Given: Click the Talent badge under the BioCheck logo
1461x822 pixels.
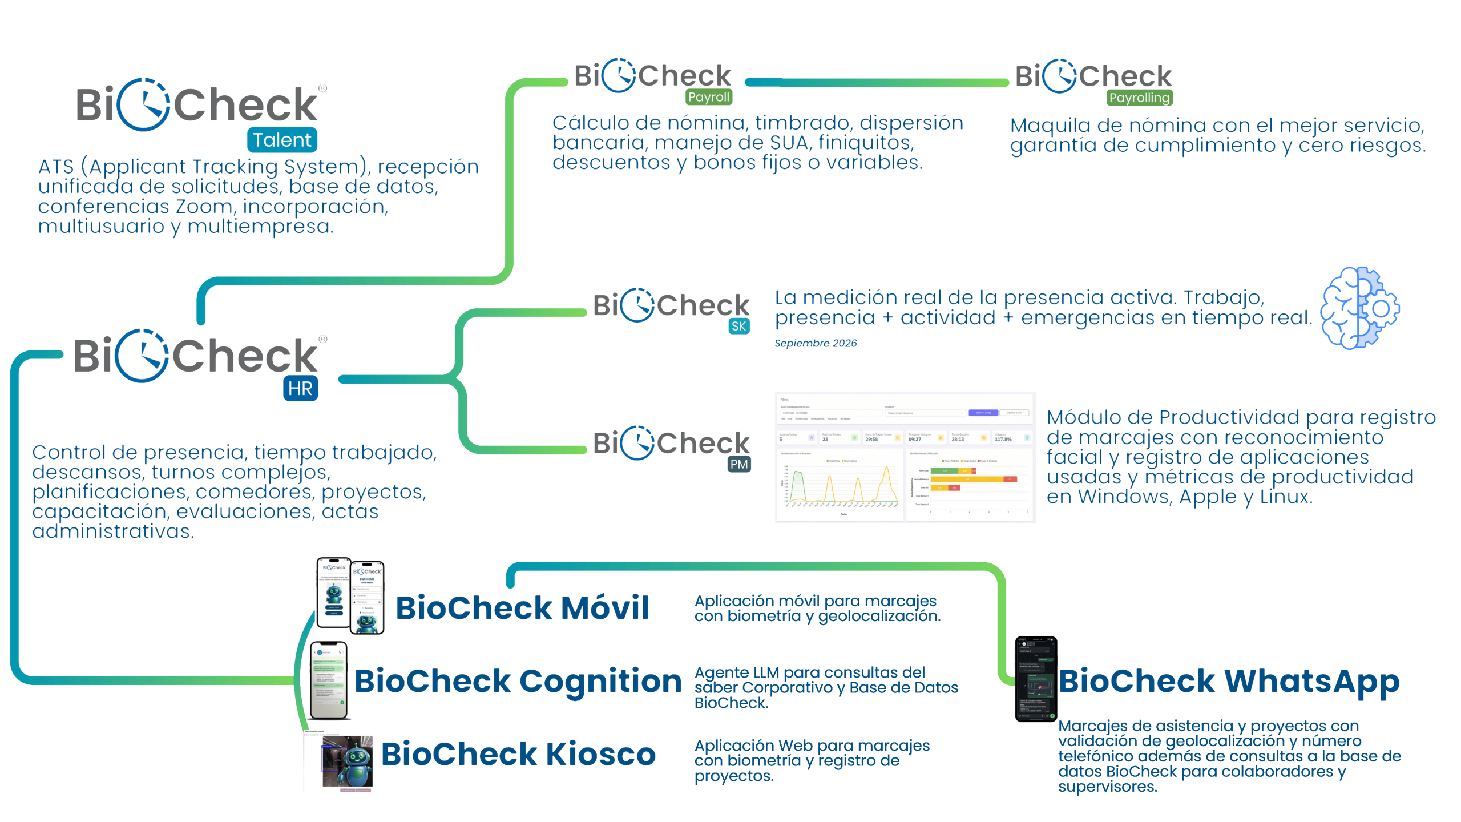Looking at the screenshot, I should (282, 140).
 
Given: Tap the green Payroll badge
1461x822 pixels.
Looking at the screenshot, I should (708, 97).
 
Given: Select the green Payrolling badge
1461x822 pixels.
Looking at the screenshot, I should (1139, 98).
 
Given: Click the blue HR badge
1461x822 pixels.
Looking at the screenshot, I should (300, 389).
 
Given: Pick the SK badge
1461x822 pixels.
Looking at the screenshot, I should (738, 327).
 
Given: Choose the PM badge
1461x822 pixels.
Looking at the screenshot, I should (739, 464).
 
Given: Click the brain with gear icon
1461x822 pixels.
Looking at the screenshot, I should (1360, 308).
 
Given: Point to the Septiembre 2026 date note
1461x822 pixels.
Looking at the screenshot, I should (816, 343).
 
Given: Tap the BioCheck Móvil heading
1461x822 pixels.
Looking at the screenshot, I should (522, 607).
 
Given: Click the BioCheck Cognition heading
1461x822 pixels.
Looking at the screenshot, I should (518, 681).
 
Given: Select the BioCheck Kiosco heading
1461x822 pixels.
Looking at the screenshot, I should (518, 754).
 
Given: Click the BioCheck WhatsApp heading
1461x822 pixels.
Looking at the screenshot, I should (1229, 681).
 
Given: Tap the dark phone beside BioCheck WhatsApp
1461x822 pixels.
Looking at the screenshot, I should (1036, 679).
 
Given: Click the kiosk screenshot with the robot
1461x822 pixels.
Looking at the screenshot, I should (341, 761).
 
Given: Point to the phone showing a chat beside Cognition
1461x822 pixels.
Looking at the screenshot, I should (329, 680).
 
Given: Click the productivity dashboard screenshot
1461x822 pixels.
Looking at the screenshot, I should (905, 457).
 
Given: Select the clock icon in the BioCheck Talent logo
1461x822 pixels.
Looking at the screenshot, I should (144, 105).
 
